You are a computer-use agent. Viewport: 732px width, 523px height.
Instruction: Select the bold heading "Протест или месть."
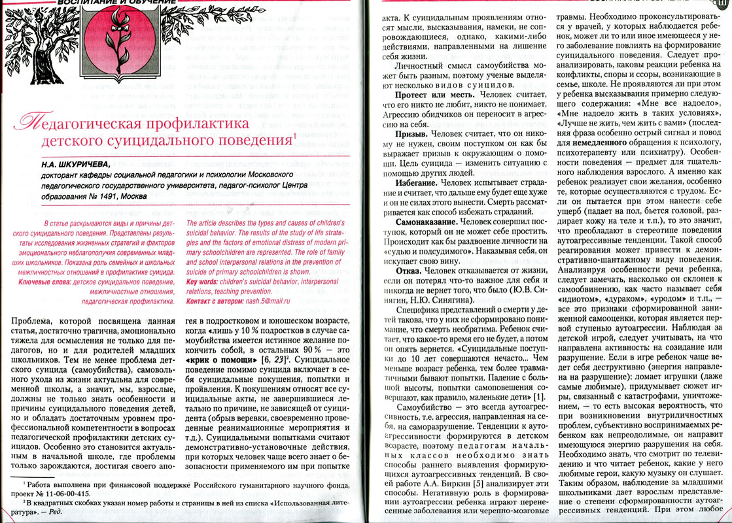[423, 95]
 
